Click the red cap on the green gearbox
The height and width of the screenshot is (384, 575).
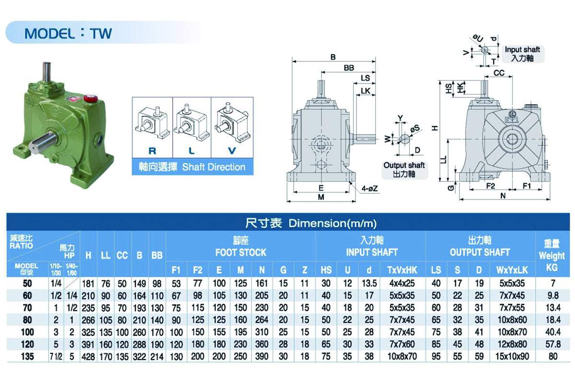[90, 98]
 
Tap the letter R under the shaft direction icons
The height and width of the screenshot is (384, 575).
[152, 151]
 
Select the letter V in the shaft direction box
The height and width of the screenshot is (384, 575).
[232, 151]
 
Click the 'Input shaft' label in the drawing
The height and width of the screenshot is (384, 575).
[522, 49]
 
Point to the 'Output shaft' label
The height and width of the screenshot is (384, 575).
[404, 165]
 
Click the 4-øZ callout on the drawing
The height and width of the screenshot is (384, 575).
[369, 189]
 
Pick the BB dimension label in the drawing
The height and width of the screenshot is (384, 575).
[349, 68]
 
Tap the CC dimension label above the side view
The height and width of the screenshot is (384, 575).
[499, 73]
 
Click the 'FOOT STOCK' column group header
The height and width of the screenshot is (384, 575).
[241, 252]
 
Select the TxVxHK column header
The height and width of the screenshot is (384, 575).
[402, 270]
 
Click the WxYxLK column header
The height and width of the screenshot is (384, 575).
[512, 270]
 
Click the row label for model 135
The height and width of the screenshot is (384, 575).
[27, 357]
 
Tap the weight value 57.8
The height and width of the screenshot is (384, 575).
[552, 344]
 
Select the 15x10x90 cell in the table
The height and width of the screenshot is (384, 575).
[512, 357]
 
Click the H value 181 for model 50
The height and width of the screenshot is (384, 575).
[88, 284]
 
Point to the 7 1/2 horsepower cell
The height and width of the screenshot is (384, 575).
[56, 357]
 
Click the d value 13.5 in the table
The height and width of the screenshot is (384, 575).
[369, 283]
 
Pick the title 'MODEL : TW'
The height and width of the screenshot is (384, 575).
[68, 34]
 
